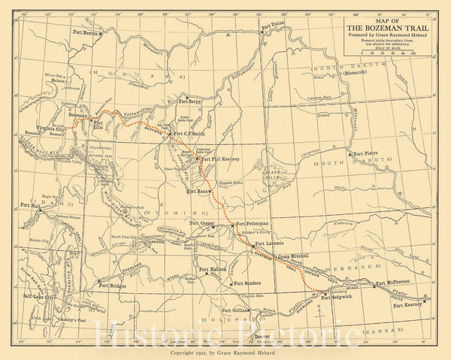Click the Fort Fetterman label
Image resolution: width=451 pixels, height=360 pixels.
252,224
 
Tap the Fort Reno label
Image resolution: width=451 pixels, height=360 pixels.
198,192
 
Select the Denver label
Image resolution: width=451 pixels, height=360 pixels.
262,335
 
